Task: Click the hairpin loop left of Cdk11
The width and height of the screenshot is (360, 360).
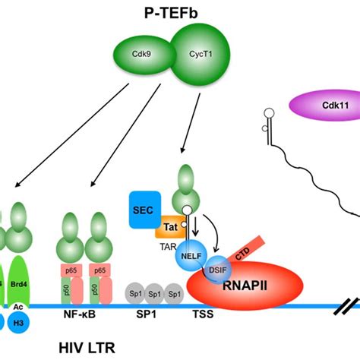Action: tap(268, 115)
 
